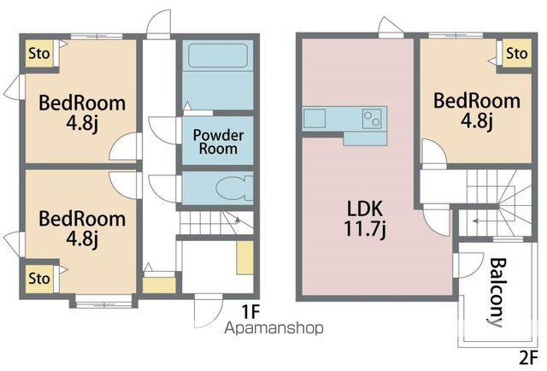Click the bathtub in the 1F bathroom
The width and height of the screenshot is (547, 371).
218,56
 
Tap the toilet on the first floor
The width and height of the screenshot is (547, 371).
234,189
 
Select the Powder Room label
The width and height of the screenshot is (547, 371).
218,142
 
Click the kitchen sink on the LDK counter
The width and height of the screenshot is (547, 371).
315,118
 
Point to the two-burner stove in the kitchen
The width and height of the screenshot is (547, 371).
372,118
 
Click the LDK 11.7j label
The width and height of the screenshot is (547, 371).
365,219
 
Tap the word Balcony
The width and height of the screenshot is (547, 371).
497,292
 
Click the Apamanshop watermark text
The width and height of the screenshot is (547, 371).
273,328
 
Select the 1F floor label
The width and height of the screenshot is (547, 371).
250,312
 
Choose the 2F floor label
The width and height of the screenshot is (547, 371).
529,357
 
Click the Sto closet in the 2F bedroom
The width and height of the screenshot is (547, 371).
517,53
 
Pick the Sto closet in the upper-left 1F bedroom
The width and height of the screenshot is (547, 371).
38,53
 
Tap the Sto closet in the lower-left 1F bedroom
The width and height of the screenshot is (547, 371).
38,279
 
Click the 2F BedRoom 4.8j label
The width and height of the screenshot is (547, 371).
477,110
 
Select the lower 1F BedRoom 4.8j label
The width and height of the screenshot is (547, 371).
82,228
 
